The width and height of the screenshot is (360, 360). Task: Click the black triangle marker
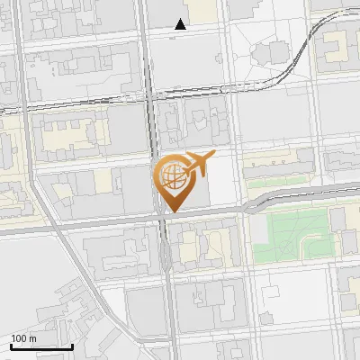coord(181,25)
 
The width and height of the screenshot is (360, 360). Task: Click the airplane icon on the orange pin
coord(199,165)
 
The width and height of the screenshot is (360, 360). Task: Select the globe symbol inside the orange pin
coord(171,175)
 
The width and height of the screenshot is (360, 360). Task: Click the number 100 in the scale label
coord(19,338)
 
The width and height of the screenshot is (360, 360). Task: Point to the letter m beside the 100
coord(32,338)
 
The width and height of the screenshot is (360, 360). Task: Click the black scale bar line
coord(41,346)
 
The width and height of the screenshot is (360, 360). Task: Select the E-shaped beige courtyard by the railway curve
coord(334,45)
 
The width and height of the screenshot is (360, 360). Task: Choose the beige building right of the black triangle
coord(206,11)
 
